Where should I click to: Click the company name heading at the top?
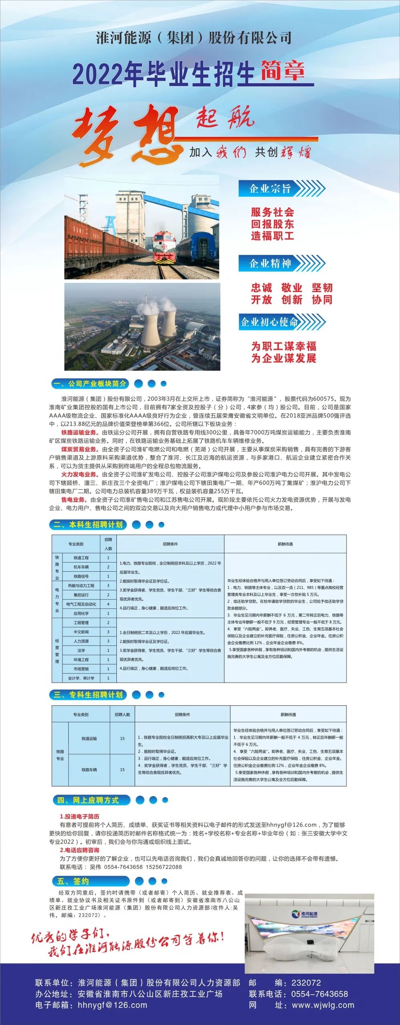[x=194, y=38]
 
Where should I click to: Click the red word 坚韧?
[x=322, y=288]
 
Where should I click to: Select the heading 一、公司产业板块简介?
[x=90, y=384]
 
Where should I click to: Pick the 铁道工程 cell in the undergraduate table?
[x=81, y=558]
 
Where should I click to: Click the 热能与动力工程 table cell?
[x=81, y=586]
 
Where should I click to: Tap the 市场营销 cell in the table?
[x=81, y=669]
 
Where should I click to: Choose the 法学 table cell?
[x=81, y=651]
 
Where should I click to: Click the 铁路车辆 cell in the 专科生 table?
[x=89, y=770]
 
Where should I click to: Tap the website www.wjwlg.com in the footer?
[x=323, y=1005]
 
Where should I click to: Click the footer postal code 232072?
[x=306, y=983]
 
